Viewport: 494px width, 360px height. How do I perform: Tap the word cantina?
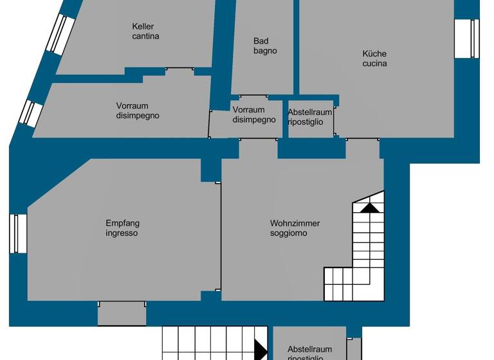(145, 37)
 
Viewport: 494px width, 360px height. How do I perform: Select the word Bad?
(261, 41)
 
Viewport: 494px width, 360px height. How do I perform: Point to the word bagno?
(265, 51)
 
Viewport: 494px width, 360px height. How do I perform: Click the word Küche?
(374, 54)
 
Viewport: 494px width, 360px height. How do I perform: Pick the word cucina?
(374, 64)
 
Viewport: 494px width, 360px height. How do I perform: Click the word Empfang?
(122, 224)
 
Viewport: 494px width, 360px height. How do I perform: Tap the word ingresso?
(122, 233)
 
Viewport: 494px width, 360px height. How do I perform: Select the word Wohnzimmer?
(295, 224)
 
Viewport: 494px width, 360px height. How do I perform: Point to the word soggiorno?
(288, 233)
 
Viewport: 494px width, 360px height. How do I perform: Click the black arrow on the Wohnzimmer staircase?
(369, 208)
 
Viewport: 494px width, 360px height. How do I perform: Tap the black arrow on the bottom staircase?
(261, 350)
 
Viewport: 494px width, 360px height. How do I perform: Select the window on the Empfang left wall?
(18, 233)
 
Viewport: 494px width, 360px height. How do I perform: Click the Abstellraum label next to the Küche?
(310, 112)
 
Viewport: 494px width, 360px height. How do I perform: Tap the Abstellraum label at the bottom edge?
(310, 348)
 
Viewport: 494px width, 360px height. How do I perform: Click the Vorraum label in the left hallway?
(133, 106)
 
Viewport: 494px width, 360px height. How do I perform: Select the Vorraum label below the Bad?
(249, 110)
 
